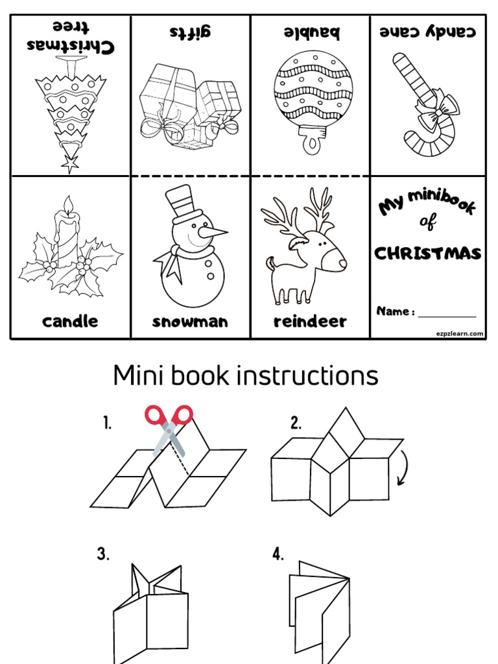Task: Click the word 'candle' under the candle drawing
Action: pos(70,322)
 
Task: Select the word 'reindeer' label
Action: pos(310,322)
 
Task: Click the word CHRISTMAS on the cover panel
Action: pos(428,253)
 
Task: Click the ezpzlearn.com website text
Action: pos(459,333)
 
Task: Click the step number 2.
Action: pos(296,424)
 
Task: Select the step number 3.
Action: pos(103,554)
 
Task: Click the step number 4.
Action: pos(278,554)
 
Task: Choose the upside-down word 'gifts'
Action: pos(191,32)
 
